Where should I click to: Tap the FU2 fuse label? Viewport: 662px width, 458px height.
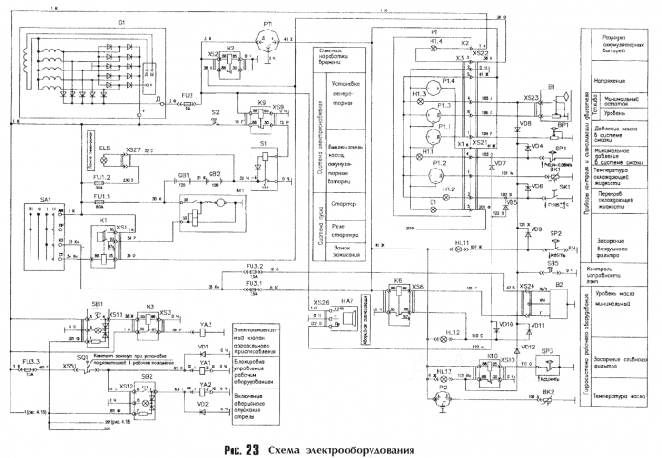(187, 96)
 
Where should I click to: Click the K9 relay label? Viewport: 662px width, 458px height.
(261, 100)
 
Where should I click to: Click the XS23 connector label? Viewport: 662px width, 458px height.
(532, 97)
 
